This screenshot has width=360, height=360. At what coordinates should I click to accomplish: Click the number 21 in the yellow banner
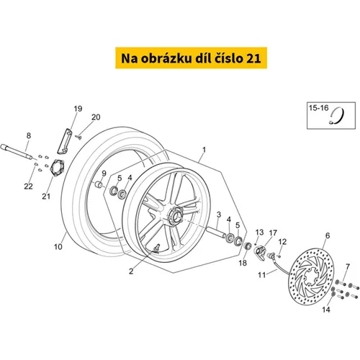point(253,58)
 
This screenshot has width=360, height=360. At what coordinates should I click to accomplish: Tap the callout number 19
point(78,109)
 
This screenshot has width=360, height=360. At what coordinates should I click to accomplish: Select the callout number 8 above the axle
point(29,135)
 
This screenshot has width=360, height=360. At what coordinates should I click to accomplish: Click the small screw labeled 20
point(78,137)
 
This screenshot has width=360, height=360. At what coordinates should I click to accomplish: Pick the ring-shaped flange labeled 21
point(58,168)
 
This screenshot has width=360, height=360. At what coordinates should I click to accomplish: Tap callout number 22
point(28,186)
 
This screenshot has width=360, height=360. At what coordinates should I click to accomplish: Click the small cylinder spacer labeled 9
point(99,185)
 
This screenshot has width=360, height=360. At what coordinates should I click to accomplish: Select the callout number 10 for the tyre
point(58,246)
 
